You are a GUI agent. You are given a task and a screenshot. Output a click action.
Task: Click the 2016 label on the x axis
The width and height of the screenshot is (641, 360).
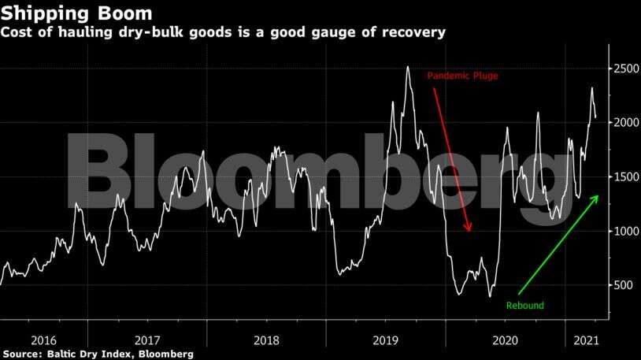pyautogui.click(x=44, y=340)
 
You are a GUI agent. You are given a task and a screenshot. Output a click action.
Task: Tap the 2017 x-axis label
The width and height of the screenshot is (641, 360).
pyautogui.click(x=148, y=340)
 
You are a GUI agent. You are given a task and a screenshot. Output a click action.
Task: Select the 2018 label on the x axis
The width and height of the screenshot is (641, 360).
pyautogui.click(x=267, y=340)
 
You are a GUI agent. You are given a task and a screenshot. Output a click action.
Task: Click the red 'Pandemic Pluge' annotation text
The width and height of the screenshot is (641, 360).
pyautogui.click(x=463, y=76)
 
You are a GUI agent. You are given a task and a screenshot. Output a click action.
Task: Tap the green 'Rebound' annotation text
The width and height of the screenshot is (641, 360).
pyautogui.click(x=524, y=306)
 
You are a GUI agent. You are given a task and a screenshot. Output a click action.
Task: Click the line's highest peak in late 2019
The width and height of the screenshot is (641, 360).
pyautogui.click(x=407, y=67)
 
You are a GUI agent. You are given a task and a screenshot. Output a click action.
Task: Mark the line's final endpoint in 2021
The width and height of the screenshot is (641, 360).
pyautogui.click(x=595, y=117)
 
